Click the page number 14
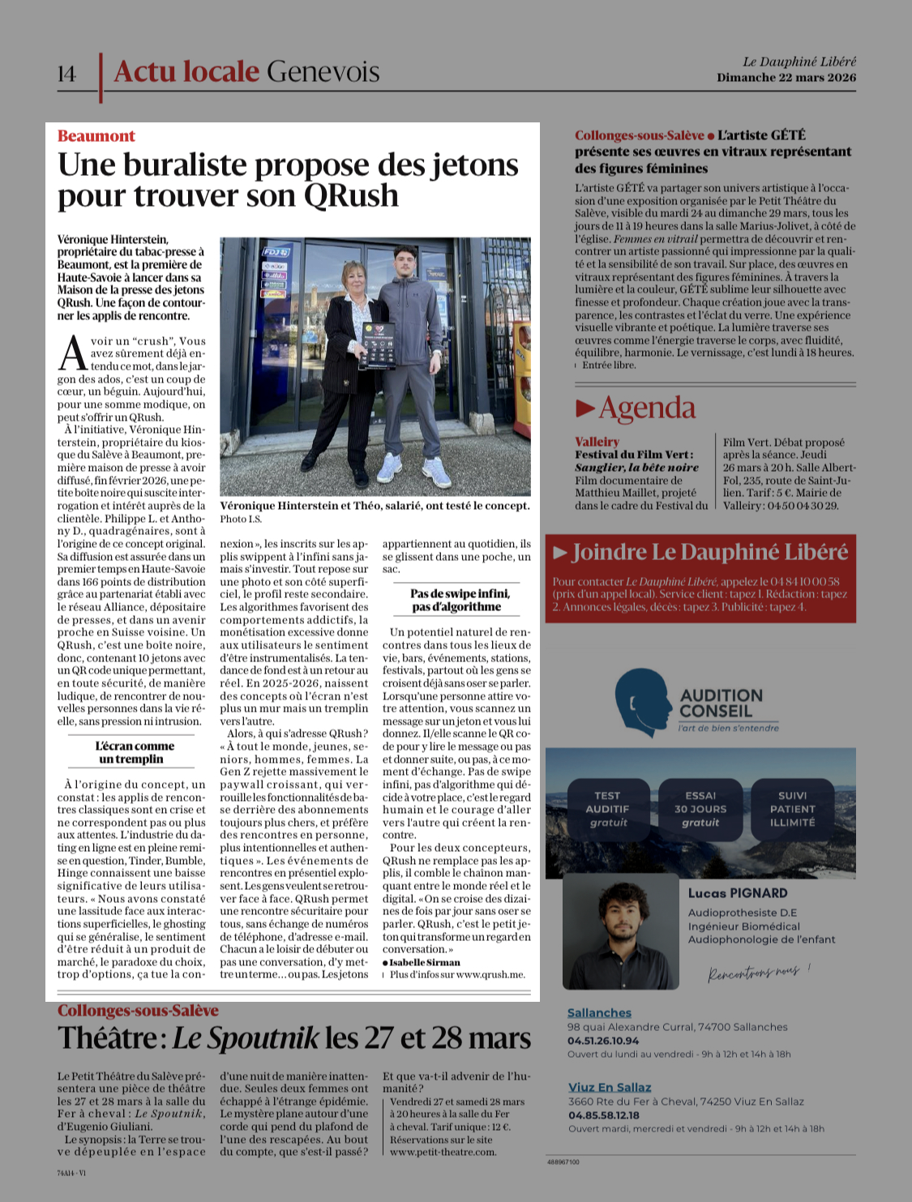tap(66, 74)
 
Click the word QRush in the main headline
tap(351, 196)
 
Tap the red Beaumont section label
tap(96, 136)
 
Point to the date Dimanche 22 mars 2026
tap(786, 78)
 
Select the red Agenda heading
tap(646, 409)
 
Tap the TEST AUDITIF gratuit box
tap(607, 809)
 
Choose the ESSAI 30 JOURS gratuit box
tap(700, 809)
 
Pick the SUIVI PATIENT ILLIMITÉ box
tap(792, 809)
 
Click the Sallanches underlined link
tap(599, 1012)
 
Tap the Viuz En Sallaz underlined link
tap(609, 1087)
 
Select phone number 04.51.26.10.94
tap(603, 1041)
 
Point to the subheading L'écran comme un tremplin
tap(135, 752)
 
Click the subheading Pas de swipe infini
tap(459, 600)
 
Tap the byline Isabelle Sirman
tap(424, 962)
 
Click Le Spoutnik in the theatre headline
tap(246, 1038)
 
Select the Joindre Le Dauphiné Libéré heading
tap(709, 553)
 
